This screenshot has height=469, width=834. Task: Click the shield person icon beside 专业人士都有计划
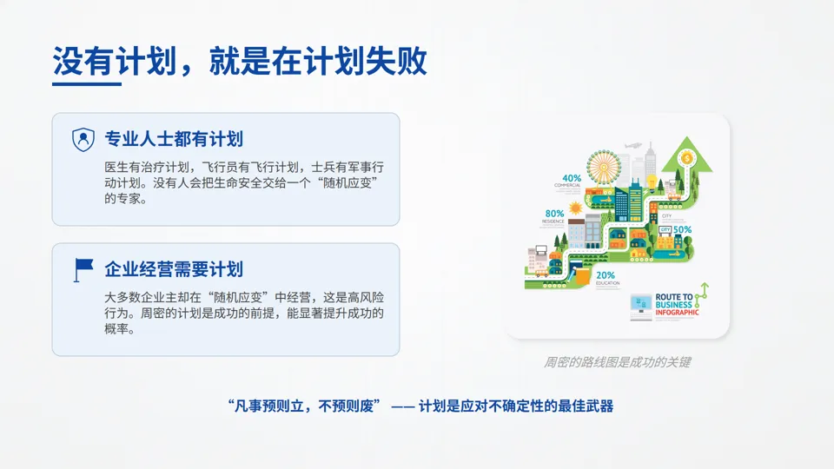pos(83,139)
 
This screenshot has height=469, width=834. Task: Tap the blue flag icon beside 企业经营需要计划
pos(83,269)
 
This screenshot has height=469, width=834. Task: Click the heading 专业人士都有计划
pos(173,139)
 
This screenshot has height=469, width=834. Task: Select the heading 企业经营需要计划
pos(173,269)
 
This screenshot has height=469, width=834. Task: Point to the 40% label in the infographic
pos(571,178)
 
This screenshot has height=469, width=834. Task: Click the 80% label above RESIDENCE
pos(554,214)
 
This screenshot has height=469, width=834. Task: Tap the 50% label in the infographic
pos(682,230)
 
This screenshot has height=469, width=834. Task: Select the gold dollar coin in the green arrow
pos(688,158)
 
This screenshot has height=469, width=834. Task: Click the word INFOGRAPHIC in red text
pos(677,313)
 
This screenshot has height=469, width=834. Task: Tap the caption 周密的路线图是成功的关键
pos(617,362)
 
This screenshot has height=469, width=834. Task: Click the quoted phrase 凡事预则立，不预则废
pos(303,406)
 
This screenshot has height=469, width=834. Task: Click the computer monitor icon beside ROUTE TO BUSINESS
pos(642,304)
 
